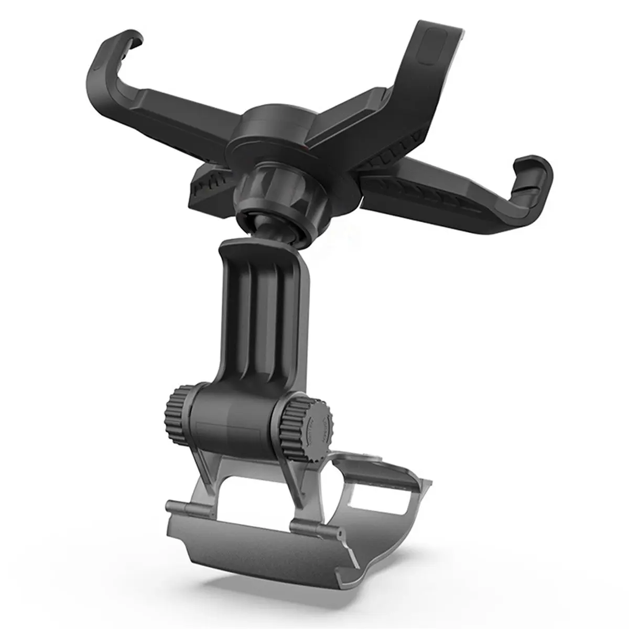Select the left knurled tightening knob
(x=177, y=416)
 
